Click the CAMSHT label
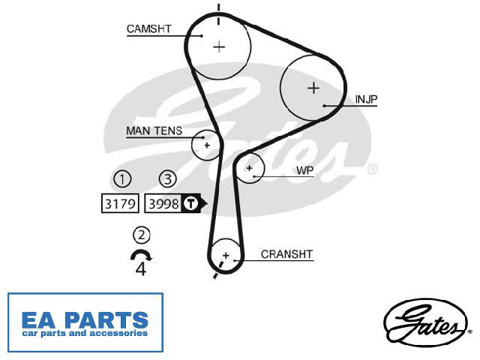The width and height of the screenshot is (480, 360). (x=148, y=28)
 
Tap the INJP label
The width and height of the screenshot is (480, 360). (x=366, y=99)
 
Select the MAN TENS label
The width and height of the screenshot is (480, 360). (x=154, y=131)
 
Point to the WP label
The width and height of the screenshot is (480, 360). (x=305, y=170)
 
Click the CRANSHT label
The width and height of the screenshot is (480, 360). (x=286, y=254)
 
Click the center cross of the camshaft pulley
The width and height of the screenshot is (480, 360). (x=219, y=46)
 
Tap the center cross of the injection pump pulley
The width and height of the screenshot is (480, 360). (x=313, y=88)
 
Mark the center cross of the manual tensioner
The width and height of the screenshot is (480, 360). (x=207, y=145)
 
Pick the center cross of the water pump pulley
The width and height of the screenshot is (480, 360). (x=250, y=168)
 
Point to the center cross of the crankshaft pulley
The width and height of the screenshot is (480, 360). (x=226, y=255)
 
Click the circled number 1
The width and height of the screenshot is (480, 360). (x=122, y=178)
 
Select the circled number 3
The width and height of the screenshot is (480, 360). (x=168, y=178)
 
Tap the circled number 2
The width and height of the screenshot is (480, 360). (x=142, y=235)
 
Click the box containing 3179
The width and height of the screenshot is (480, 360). (x=120, y=203)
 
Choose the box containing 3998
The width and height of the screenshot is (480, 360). (x=163, y=203)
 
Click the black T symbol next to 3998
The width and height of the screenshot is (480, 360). (x=190, y=203)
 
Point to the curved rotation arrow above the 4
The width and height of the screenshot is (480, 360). (x=141, y=252)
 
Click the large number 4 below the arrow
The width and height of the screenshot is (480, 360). (x=141, y=269)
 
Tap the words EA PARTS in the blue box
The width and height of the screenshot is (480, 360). (x=85, y=320)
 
